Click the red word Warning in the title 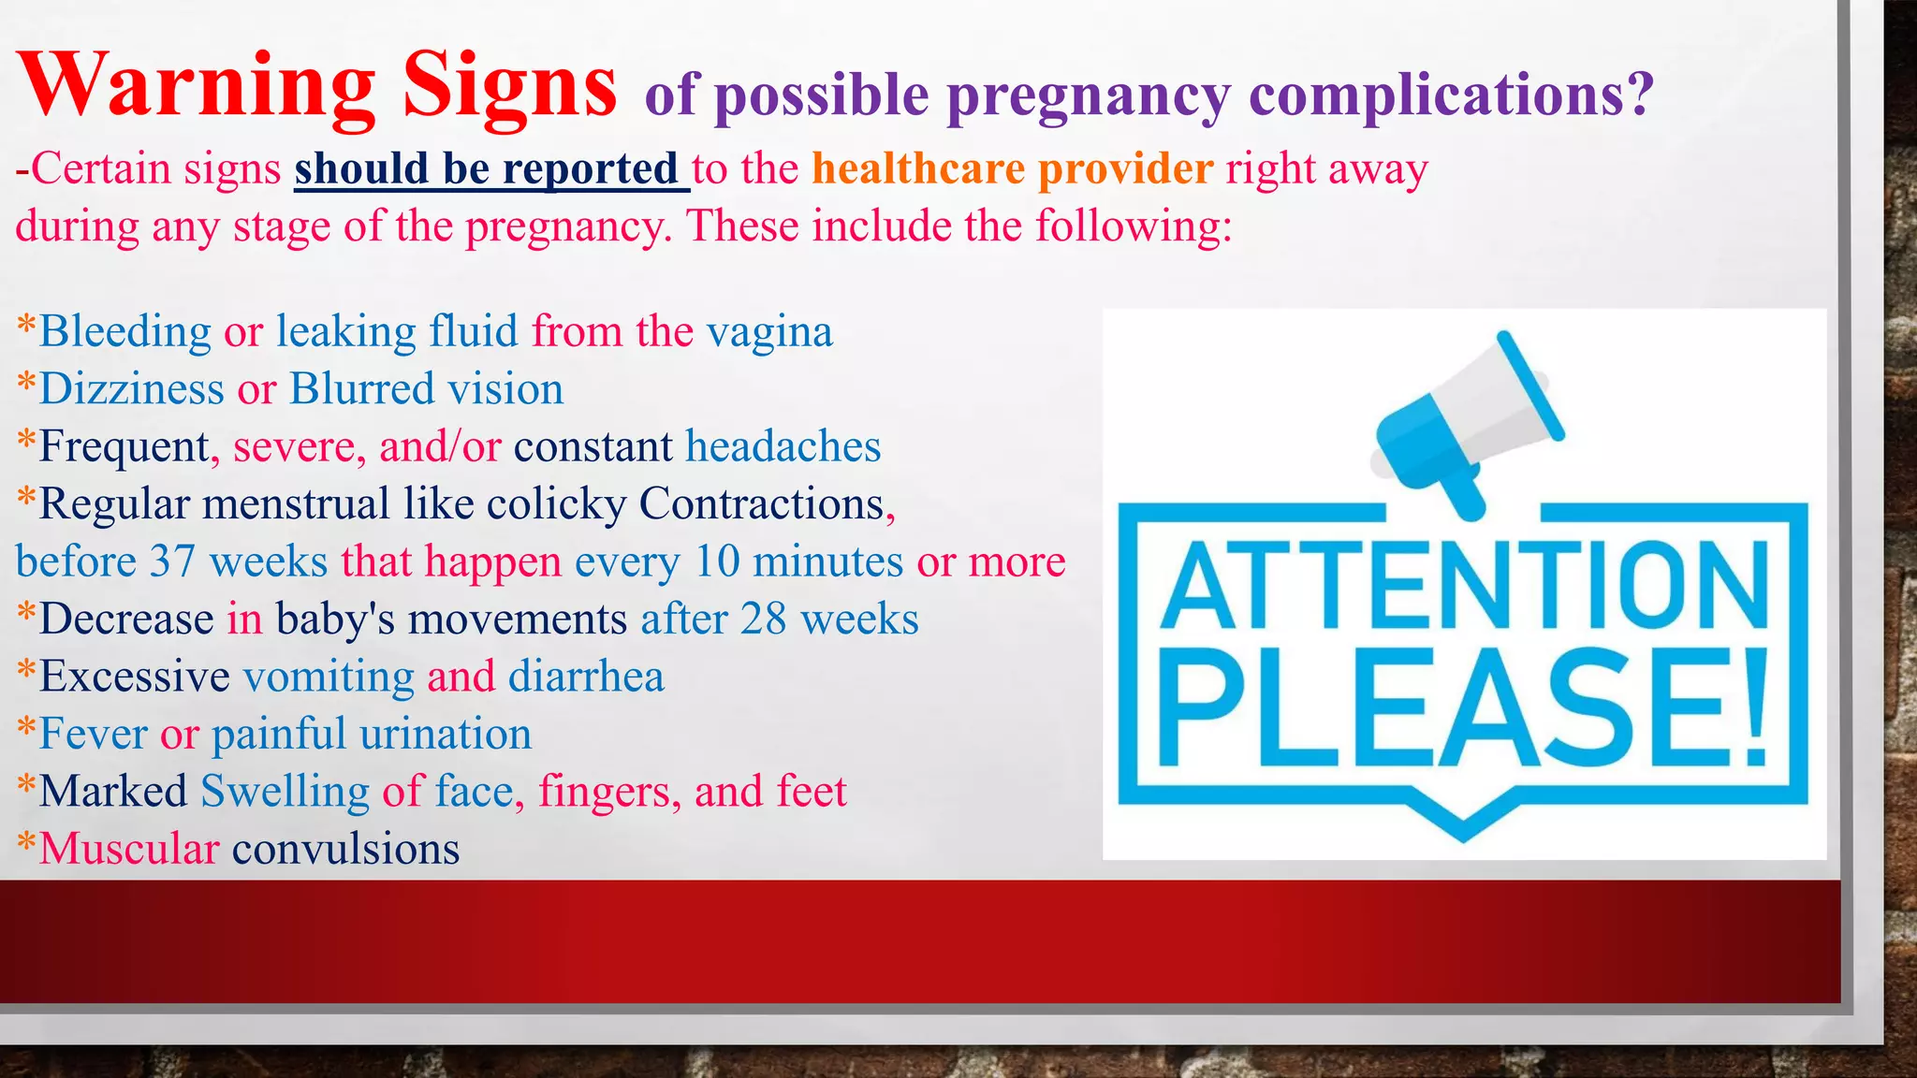pyautogui.click(x=197, y=86)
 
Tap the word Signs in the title pyautogui.click(x=510, y=86)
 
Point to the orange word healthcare pyautogui.click(x=918, y=169)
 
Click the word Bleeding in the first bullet pyautogui.click(x=125, y=332)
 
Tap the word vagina pyautogui.click(x=769, y=332)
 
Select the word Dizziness pyautogui.click(x=131, y=389)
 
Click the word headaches pyautogui.click(x=783, y=447)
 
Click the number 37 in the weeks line pyautogui.click(x=172, y=562)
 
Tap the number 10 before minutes pyautogui.click(x=717, y=562)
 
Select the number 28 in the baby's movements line pyautogui.click(x=763, y=619)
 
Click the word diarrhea pyautogui.click(x=586, y=677)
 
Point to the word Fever pyautogui.click(x=93, y=735)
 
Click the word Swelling pyautogui.click(x=285, y=792)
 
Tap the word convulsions pyautogui.click(x=345, y=850)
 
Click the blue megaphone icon pyautogui.click(x=1465, y=421)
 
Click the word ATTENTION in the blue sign pyautogui.click(x=1463, y=587)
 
